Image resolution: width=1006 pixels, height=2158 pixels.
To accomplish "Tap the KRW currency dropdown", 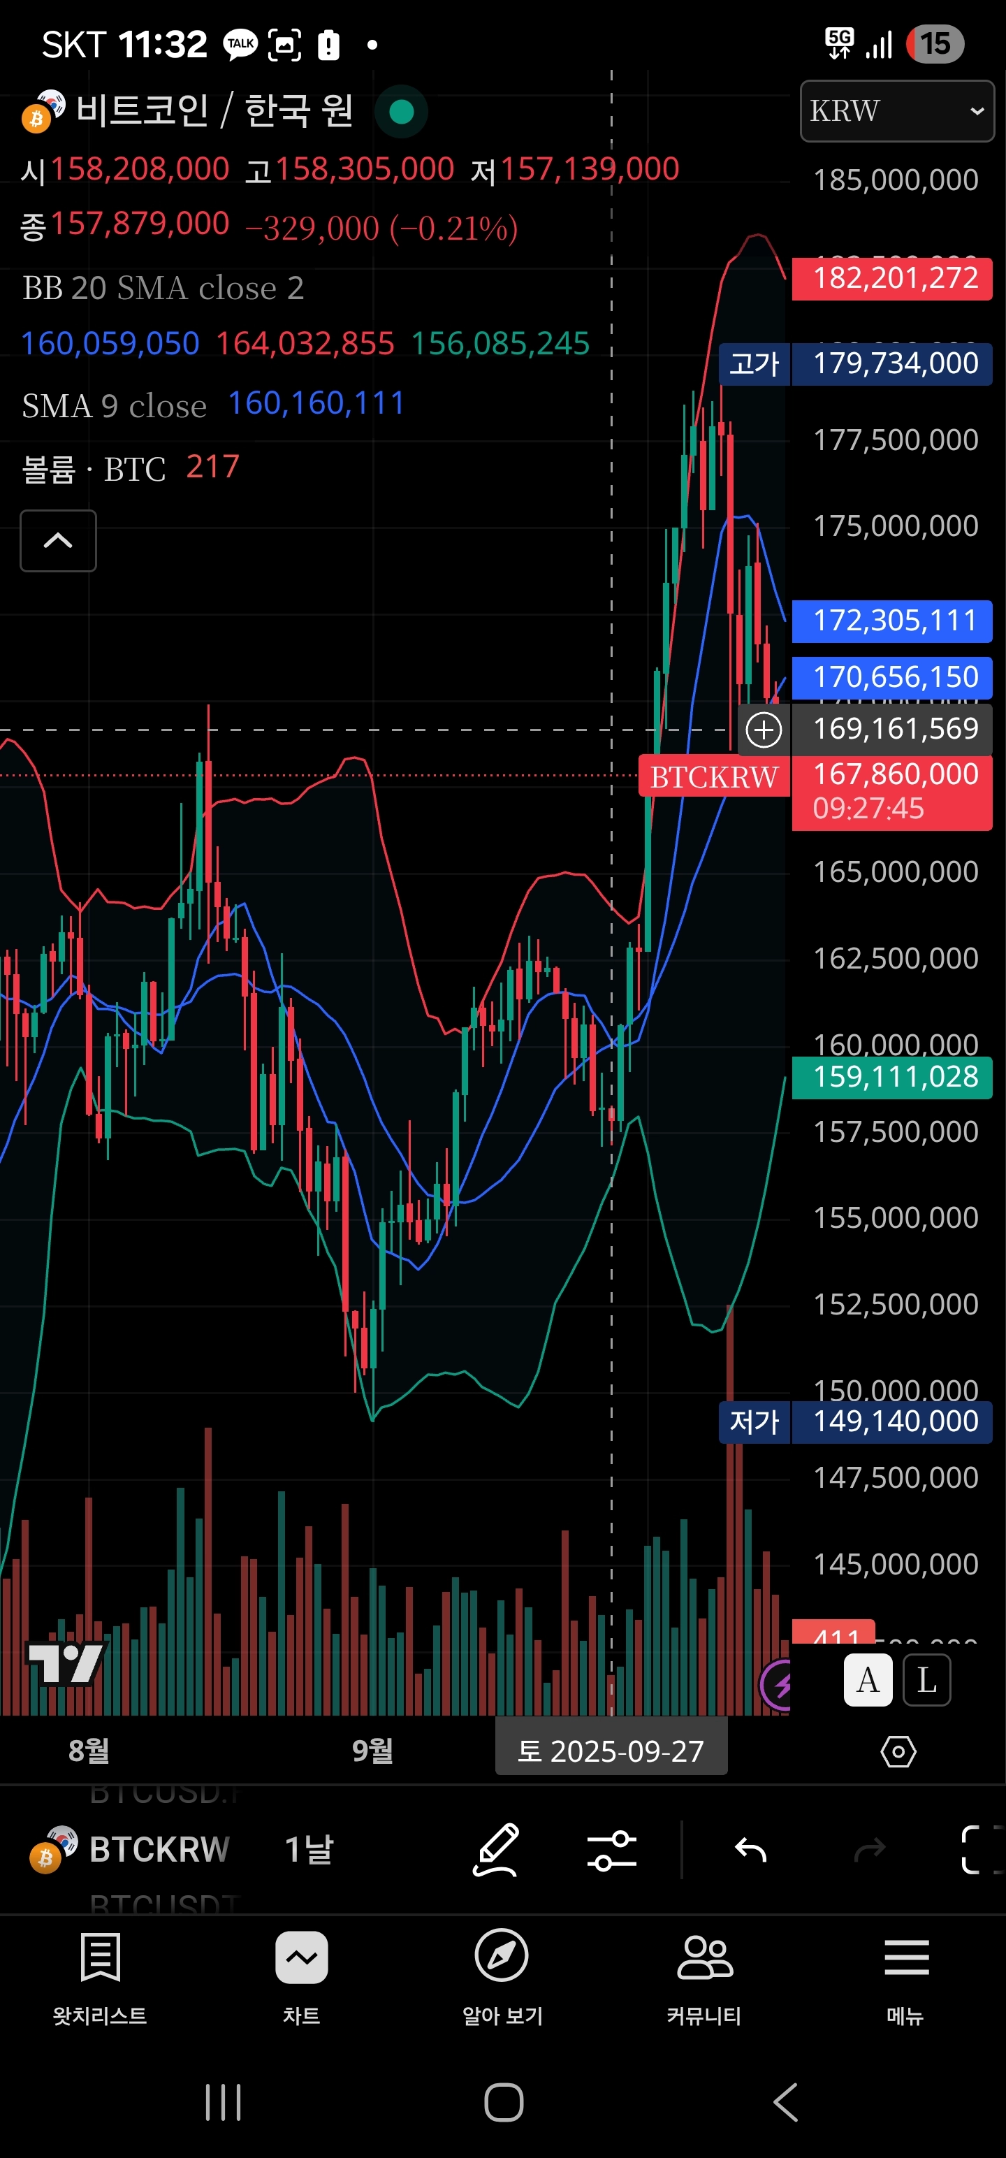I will (896, 110).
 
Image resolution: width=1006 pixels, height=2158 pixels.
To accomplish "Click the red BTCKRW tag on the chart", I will (714, 776).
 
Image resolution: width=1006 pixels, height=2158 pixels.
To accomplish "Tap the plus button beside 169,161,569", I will (763, 730).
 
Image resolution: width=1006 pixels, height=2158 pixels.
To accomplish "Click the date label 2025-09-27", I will (611, 1751).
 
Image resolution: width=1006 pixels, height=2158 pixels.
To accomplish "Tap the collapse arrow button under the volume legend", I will (58, 540).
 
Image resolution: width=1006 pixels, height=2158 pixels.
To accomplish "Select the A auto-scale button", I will (868, 1680).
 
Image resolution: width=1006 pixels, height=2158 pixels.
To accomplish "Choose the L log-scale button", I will (926, 1680).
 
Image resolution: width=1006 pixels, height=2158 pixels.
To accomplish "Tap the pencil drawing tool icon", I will (496, 1849).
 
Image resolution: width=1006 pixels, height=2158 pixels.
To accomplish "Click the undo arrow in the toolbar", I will (750, 1849).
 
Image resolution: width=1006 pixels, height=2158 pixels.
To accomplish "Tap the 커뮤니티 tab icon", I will (704, 1959).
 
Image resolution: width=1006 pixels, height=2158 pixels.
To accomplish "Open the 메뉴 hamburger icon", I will (906, 1959).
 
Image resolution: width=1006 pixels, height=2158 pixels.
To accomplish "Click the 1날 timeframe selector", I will (309, 1849).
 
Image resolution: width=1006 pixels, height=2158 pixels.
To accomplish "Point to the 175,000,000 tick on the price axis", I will (896, 526).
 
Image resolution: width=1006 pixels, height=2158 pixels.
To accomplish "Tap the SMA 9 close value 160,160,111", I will (316, 404).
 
